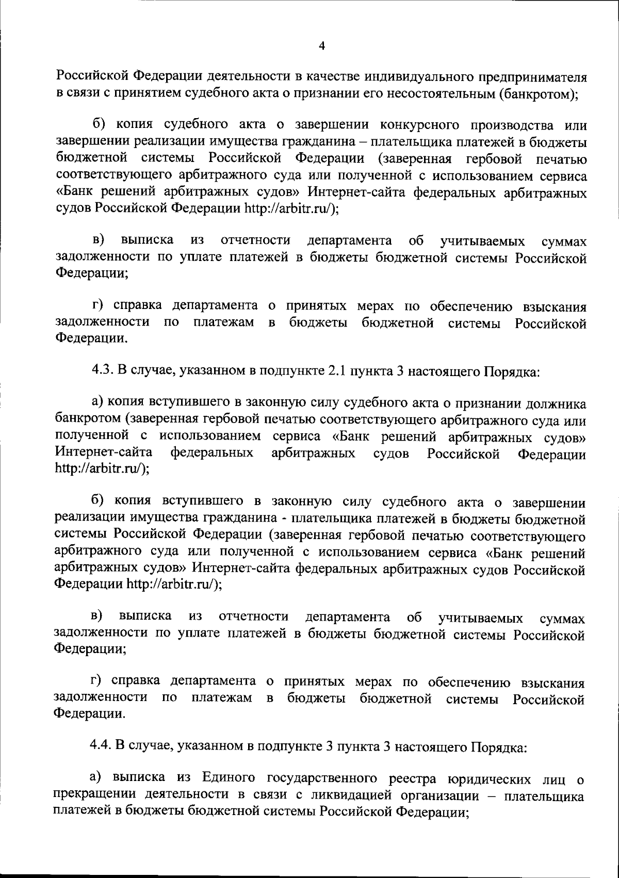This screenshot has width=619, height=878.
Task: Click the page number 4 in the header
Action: [322, 46]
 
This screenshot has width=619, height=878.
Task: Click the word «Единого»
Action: [225, 778]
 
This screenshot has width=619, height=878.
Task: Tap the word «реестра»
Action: [409, 778]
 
